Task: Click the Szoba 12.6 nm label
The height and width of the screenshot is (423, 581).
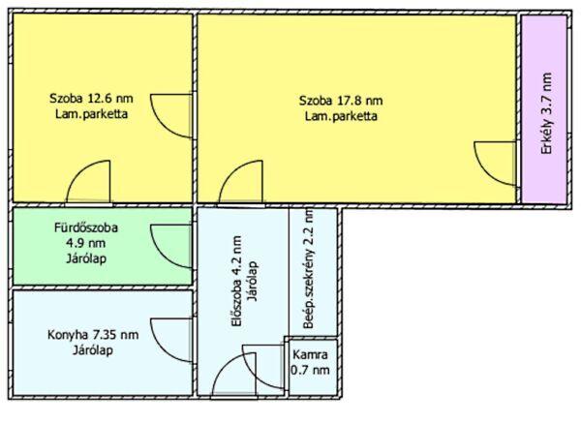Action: pos(91,99)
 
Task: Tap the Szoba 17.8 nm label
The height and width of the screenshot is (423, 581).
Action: pos(341,101)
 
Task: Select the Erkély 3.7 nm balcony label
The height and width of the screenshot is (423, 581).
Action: pos(546,113)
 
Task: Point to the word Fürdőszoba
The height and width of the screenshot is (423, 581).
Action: pos(86,227)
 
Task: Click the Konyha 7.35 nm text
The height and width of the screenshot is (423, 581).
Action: pos(93,335)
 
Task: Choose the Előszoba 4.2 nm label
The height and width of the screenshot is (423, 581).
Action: pos(236,282)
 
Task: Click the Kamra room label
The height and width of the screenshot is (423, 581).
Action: pos(310,354)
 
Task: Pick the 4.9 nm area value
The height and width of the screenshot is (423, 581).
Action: pos(85,243)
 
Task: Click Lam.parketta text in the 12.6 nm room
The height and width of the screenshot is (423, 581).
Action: pos(92,113)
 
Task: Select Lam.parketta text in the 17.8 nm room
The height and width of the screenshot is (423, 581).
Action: pos(341,116)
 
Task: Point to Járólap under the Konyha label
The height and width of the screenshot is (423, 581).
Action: pos(93,350)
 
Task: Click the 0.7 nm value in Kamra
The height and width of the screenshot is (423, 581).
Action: pos(310,370)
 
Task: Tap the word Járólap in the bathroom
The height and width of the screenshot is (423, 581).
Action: pos(86,258)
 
